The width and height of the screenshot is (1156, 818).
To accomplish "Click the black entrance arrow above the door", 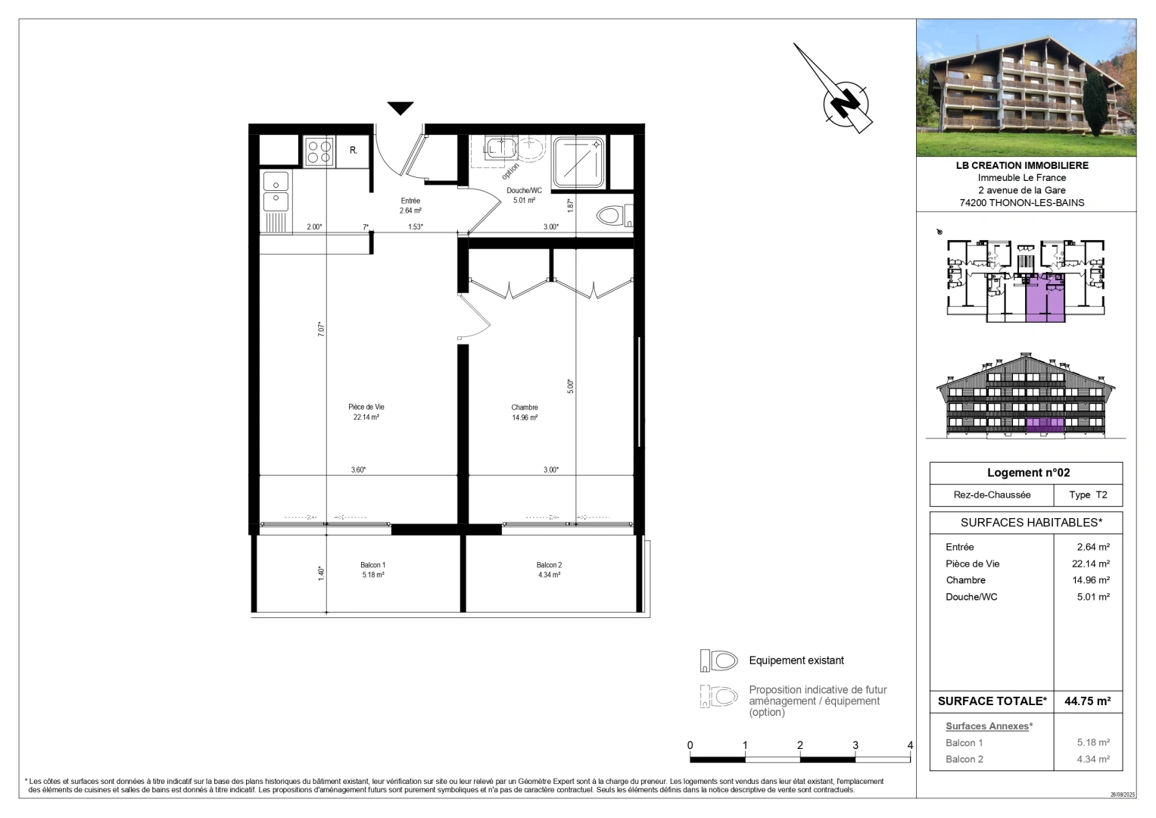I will click(400, 108).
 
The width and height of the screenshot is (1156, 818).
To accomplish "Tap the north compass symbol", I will click(845, 101).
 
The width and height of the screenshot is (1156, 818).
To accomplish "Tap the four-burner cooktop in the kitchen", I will click(319, 151).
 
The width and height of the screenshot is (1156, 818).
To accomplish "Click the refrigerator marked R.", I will click(353, 151).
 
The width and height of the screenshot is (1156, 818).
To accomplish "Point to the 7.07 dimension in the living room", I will click(321, 329).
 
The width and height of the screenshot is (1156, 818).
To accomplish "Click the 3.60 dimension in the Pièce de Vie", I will click(358, 470).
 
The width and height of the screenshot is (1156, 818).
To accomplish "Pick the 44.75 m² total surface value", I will click(1087, 701).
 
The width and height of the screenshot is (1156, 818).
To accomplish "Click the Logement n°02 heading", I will click(1028, 473).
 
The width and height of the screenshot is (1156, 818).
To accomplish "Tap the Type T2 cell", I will click(1088, 495).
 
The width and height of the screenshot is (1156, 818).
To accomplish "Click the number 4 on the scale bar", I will click(910, 745).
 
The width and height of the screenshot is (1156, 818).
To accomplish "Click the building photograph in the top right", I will click(1026, 87).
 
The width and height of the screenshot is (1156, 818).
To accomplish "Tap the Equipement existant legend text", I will click(796, 660).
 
